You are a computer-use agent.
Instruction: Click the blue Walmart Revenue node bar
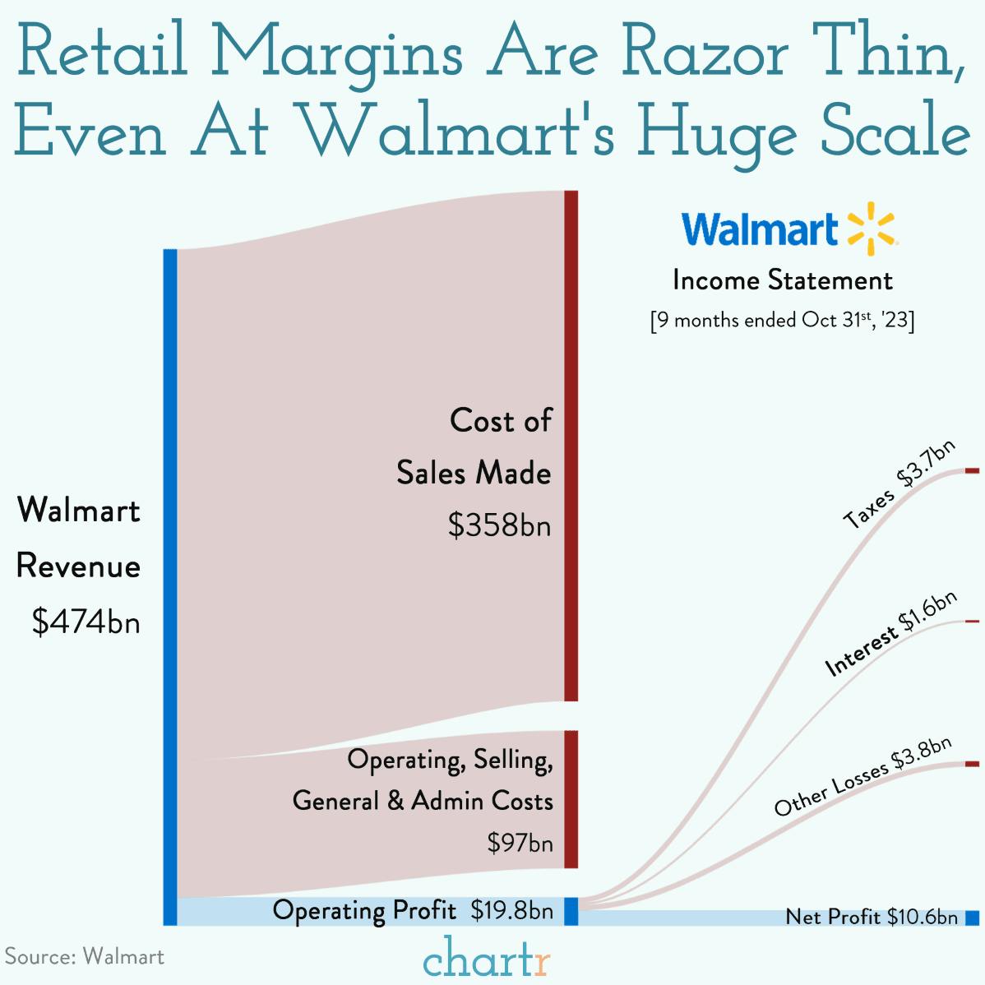coord(170,586)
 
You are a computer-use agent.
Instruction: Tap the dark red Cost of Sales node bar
coord(571,445)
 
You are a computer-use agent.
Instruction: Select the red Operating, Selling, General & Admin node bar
coord(571,798)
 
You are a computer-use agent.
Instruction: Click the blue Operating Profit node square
coord(571,911)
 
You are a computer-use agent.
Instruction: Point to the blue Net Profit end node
coord(972,917)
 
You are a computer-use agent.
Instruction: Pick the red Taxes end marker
coord(972,470)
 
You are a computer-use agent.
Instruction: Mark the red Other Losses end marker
coord(972,764)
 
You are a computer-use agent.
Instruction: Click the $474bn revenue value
coord(86,622)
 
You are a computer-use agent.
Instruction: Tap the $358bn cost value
coord(499,525)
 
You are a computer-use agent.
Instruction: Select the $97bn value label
coord(520,843)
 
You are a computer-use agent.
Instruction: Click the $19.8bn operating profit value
coord(511,910)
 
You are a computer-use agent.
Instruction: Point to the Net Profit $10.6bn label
coord(872,917)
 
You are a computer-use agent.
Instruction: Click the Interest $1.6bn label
coord(891,633)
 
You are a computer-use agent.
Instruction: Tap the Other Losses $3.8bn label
coord(862,776)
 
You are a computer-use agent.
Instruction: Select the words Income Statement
coord(782,280)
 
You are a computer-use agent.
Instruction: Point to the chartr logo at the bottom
coord(487,958)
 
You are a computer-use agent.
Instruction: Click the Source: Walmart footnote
coord(85,956)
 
